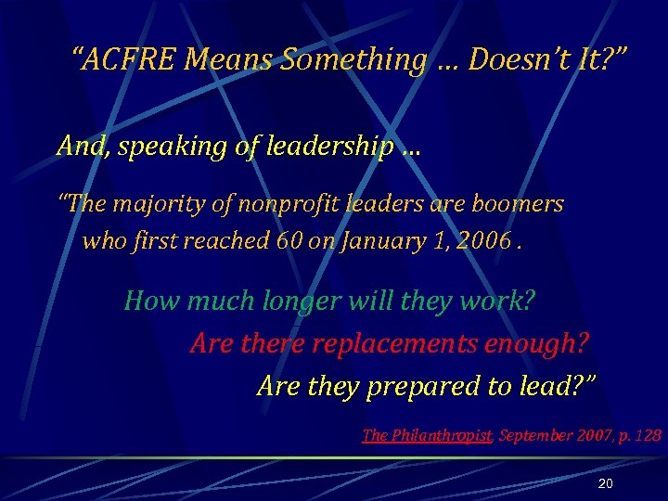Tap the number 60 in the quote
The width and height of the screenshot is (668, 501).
[289, 241]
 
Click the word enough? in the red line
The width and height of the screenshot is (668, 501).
[533, 343]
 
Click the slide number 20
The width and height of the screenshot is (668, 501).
[606, 484]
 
